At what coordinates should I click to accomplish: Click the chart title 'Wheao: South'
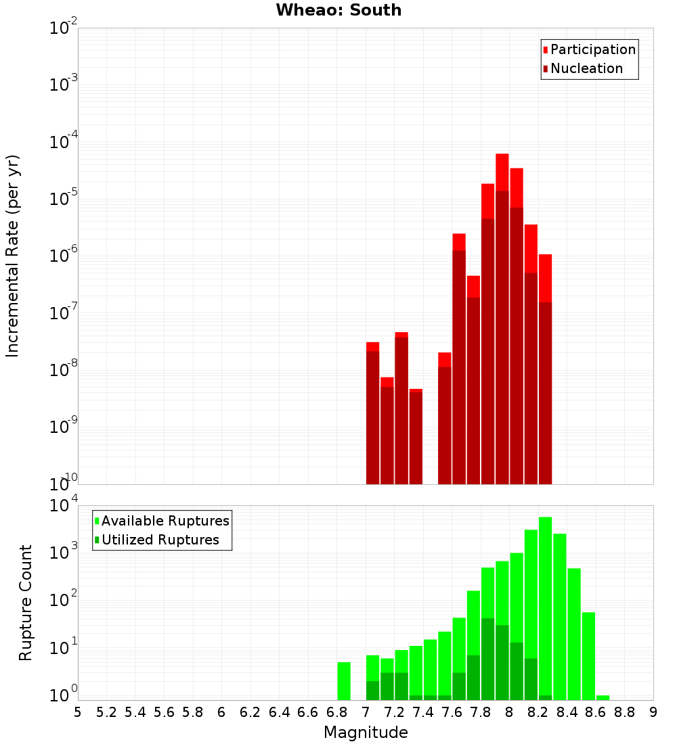[x=338, y=10]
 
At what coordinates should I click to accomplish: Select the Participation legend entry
[x=589, y=49]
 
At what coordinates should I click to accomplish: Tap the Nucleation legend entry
[x=583, y=68]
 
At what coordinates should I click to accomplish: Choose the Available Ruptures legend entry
[x=162, y=521]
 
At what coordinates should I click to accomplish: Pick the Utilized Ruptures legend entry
[x=157, y=540]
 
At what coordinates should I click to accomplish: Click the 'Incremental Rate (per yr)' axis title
[x=12, y=256]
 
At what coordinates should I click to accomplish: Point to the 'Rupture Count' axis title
[x=25, y=603]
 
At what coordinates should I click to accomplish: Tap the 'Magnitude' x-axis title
[x=366, y=732]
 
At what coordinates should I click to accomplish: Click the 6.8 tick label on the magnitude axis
[x=336, y=713]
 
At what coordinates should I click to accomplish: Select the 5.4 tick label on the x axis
[x=135, y=713]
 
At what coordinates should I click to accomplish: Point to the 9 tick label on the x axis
[x=653, y=713]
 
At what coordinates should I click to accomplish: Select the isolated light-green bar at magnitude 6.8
[x=344, y=681]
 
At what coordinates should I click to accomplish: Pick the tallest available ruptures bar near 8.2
[x=546, y=608]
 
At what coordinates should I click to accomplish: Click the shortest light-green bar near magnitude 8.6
[x=603, y=697]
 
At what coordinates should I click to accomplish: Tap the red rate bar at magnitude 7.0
[x=373, y=413]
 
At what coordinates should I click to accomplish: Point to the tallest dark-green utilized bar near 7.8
[x=488, y=659]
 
